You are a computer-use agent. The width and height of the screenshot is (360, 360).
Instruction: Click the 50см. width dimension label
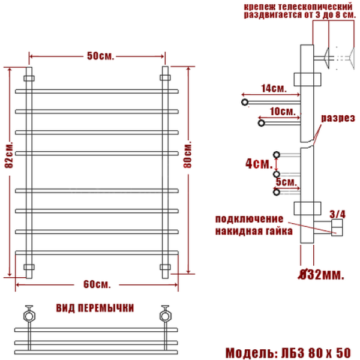coord(97,55)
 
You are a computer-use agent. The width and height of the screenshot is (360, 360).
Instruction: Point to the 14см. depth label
coord(273,88)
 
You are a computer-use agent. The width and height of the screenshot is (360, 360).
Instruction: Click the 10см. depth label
coord(281,111)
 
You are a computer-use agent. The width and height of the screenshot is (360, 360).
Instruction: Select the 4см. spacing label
coord(256,163)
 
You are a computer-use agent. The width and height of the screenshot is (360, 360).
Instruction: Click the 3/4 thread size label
coord(338,212)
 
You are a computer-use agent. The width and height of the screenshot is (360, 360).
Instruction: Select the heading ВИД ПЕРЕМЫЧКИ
coord(95,308)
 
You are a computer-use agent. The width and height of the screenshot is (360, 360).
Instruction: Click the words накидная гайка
coord(253,230)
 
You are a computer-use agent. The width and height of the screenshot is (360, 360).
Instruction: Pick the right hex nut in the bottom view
coord(164,314)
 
